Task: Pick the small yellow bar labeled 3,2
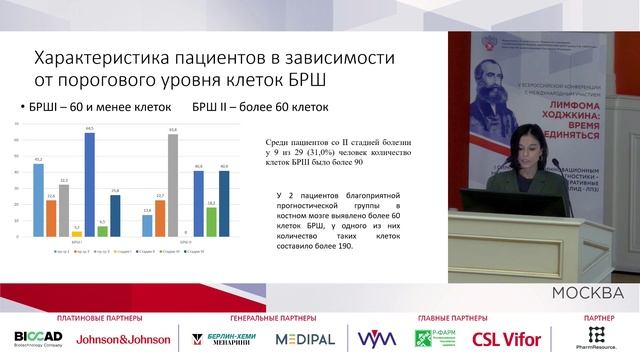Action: pos(77,233)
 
